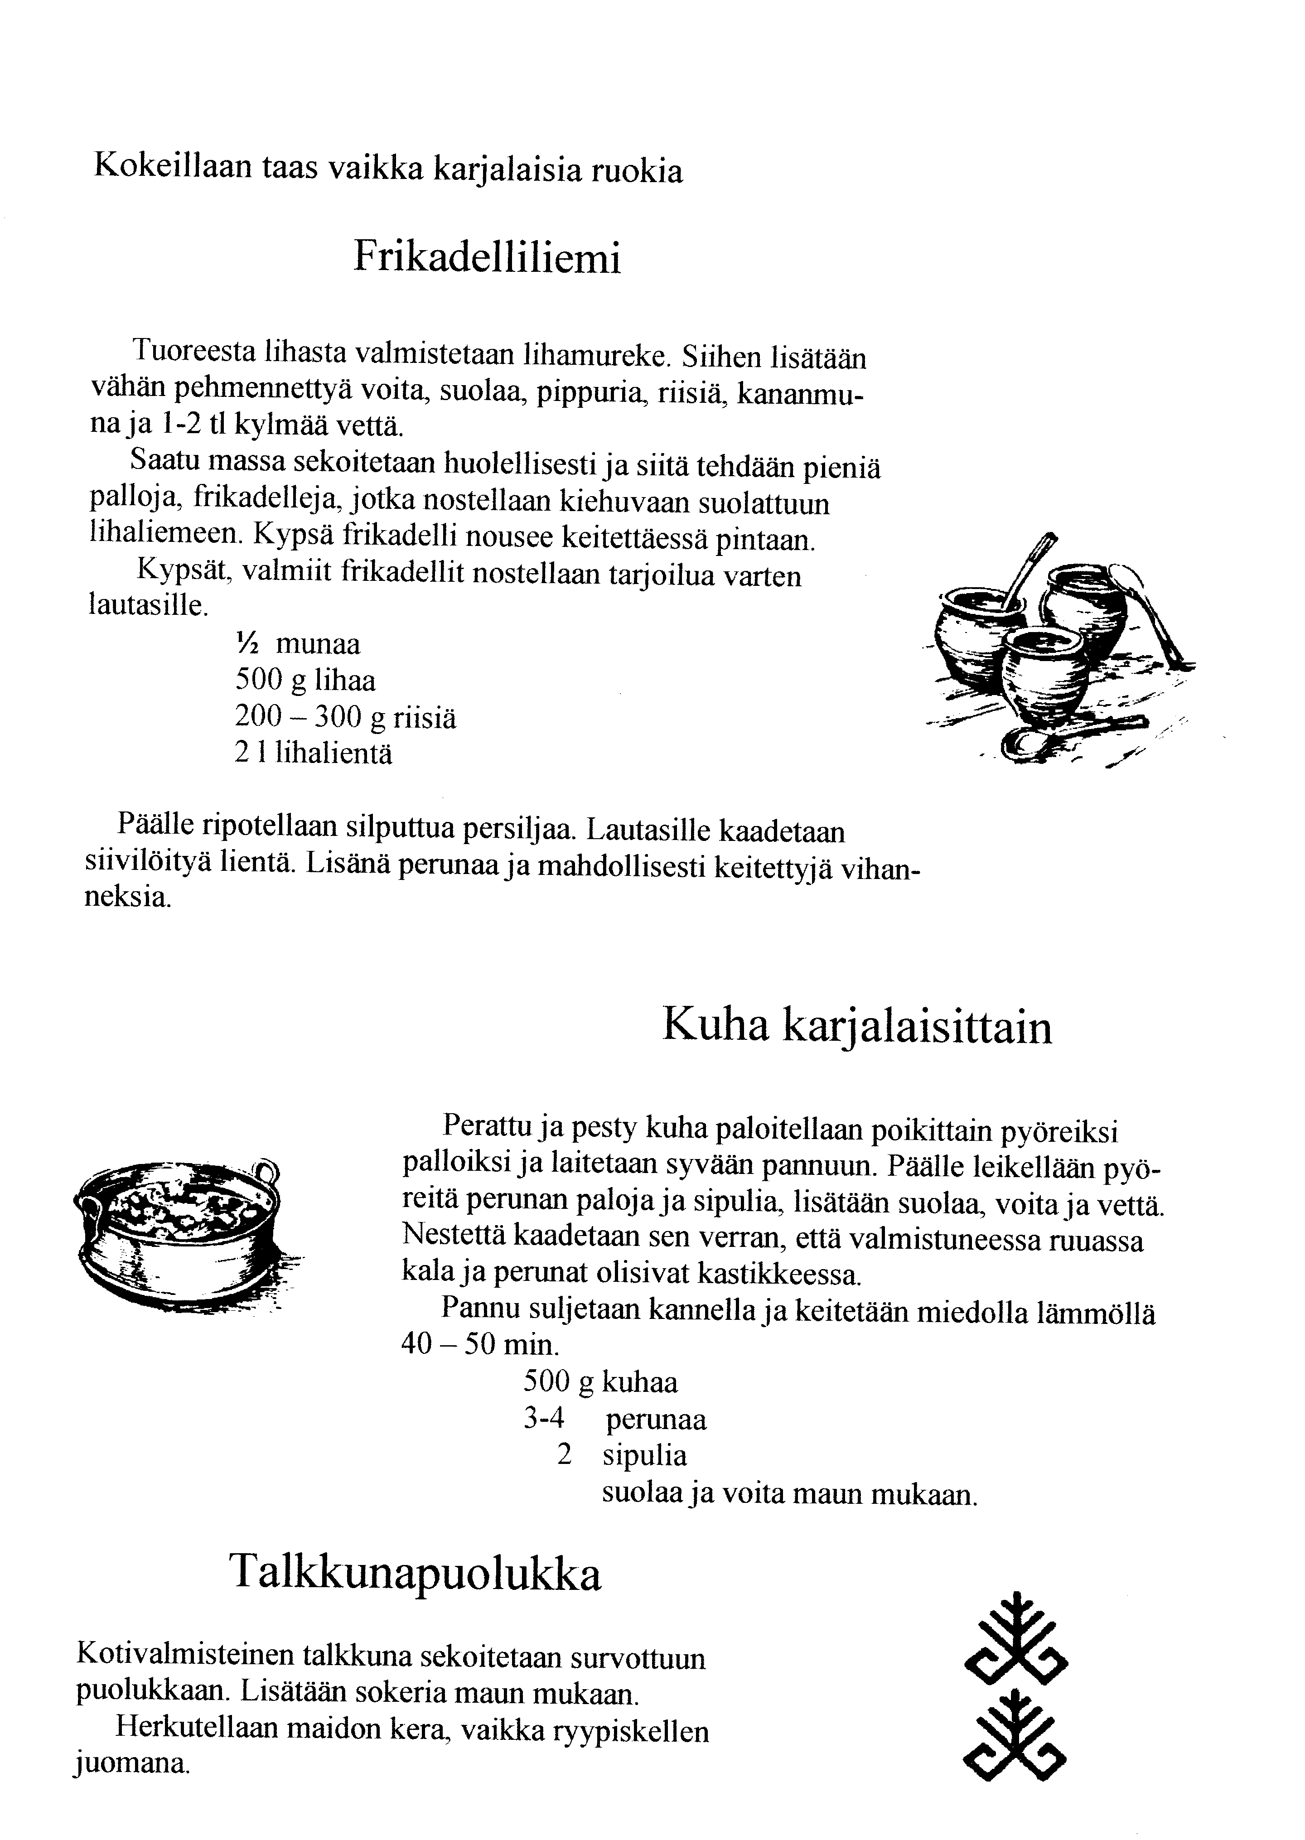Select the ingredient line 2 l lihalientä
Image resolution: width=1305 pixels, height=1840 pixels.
pos(314,753)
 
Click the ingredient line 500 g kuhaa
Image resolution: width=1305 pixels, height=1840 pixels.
pos(600,1382)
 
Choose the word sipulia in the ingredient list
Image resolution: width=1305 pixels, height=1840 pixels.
pos(644,1456)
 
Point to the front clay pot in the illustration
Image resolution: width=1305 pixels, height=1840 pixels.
pos(1044,671)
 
